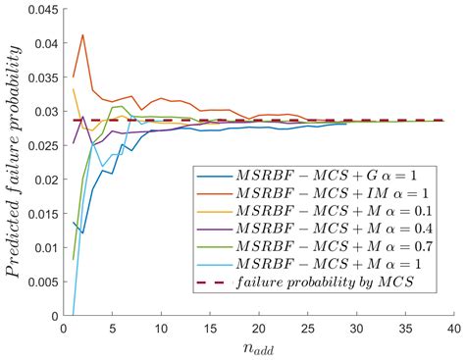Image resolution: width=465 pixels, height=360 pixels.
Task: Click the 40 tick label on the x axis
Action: tap(454, 329)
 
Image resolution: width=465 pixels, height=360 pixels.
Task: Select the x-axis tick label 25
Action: tap(309, 329)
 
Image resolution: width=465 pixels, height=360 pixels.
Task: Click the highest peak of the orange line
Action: tap(83, 35)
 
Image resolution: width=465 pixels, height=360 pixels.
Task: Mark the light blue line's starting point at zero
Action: tap(75, 315)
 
